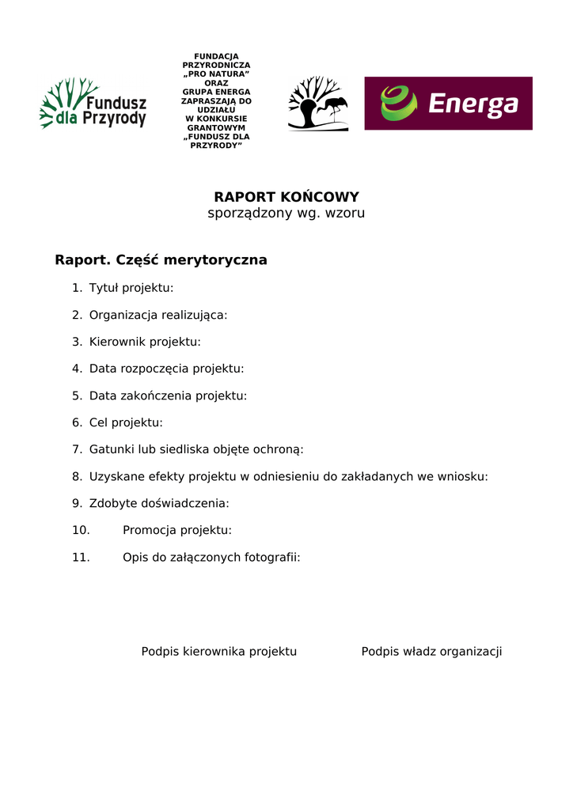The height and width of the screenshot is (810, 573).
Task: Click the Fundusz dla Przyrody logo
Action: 93,104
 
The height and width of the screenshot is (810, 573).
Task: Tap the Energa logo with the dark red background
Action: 448,104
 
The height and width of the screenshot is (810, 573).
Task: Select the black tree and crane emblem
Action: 317,104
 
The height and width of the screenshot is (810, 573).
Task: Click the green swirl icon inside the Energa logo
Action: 398,104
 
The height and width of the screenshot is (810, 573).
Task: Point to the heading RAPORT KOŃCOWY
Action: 286,197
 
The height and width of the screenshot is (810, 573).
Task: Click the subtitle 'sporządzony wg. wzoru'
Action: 286,214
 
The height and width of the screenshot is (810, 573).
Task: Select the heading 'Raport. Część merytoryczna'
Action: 161,260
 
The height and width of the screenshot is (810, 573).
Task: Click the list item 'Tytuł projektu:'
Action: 131,288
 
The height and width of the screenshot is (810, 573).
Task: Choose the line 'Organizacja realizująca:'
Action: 158,315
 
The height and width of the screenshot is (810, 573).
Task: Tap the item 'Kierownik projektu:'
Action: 145,342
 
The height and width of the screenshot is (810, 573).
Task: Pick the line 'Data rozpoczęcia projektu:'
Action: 166,369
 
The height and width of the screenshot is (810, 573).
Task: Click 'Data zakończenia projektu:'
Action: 168,396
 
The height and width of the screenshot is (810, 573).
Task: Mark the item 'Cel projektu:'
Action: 126,422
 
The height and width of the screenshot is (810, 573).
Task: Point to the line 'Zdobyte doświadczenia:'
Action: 159,503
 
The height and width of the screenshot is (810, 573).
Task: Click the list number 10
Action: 81,530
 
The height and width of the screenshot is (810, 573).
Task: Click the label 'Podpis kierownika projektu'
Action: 219,652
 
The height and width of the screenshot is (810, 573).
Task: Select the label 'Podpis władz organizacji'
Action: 431,652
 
